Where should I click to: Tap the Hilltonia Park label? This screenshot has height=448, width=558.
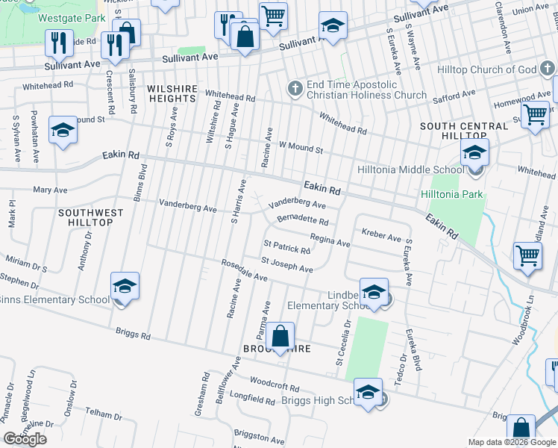point(452,195)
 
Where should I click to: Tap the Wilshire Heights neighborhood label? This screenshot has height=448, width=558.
point(172,93)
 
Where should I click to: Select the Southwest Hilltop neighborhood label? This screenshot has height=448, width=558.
point(90,217)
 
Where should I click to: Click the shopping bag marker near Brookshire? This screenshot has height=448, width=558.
point(280,337)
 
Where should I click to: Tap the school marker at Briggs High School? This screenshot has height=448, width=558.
point(368,393)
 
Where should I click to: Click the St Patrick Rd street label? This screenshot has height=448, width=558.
point(286,247)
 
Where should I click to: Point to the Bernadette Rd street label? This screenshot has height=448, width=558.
point(302,222)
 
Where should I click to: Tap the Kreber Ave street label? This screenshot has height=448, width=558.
point(381,236)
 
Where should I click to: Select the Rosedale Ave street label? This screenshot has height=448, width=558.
point(244,271)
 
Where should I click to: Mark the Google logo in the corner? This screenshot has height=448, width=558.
point(25,439)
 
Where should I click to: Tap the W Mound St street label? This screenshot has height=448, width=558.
point(300,149)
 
